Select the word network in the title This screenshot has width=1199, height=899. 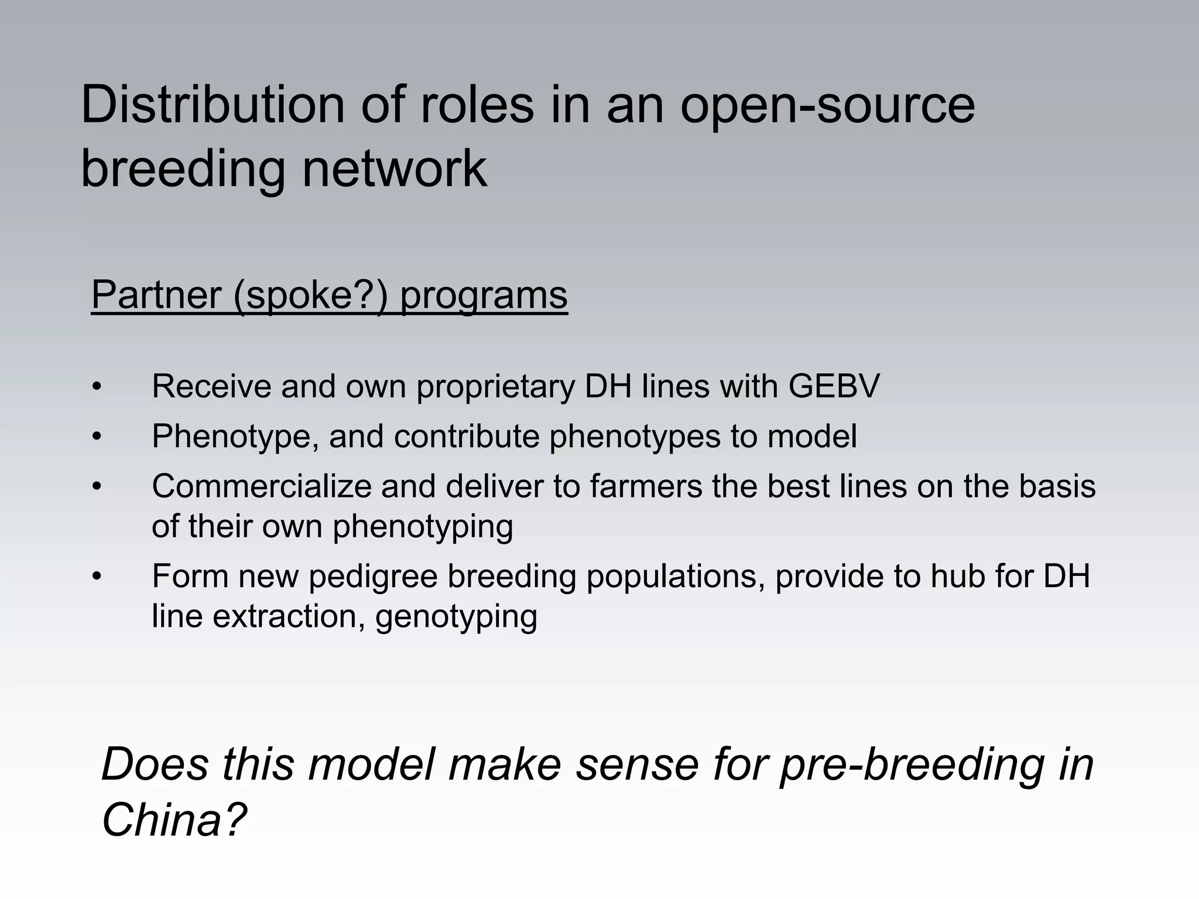[393, 169]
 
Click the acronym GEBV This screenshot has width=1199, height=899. [834, 386]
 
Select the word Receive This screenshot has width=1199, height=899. [211, 386]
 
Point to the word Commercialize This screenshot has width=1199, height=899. [261, 486]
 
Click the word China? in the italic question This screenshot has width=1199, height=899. [174, 819]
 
